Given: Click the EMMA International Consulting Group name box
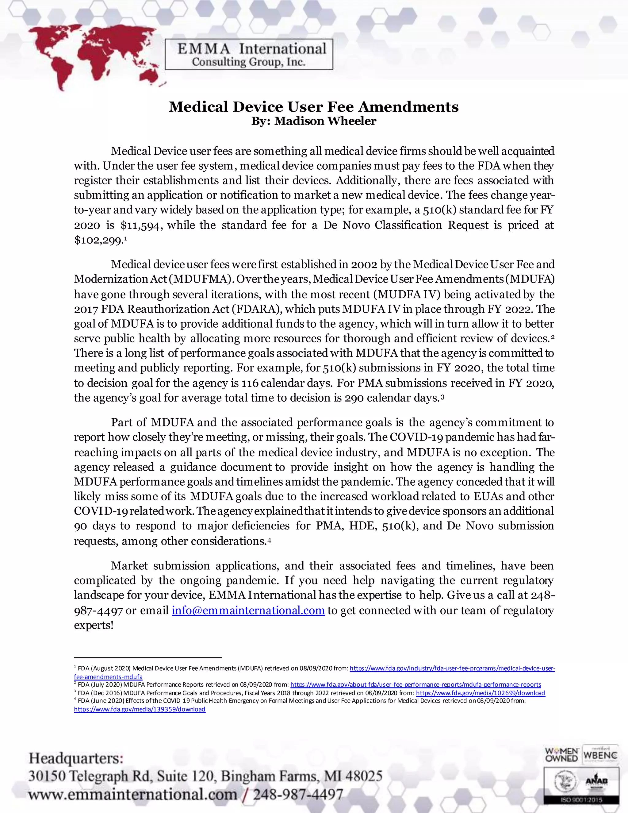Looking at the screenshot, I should click(x=248, y=55).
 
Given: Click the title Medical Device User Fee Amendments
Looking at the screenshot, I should click(x=314, y=107).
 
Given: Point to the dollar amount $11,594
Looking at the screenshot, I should click(x=141, y=225).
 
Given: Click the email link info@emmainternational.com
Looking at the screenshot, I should click(x=248, y=611).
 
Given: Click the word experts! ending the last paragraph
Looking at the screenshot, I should click(x=94, y=625).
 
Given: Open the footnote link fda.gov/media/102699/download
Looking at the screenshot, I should click(x=480, y=693).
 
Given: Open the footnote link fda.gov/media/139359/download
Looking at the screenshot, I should click(x=140, y=709).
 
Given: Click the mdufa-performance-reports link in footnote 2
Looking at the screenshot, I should click(x=415, y=684).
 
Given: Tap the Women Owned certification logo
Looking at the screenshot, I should click(x=561, y=755).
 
